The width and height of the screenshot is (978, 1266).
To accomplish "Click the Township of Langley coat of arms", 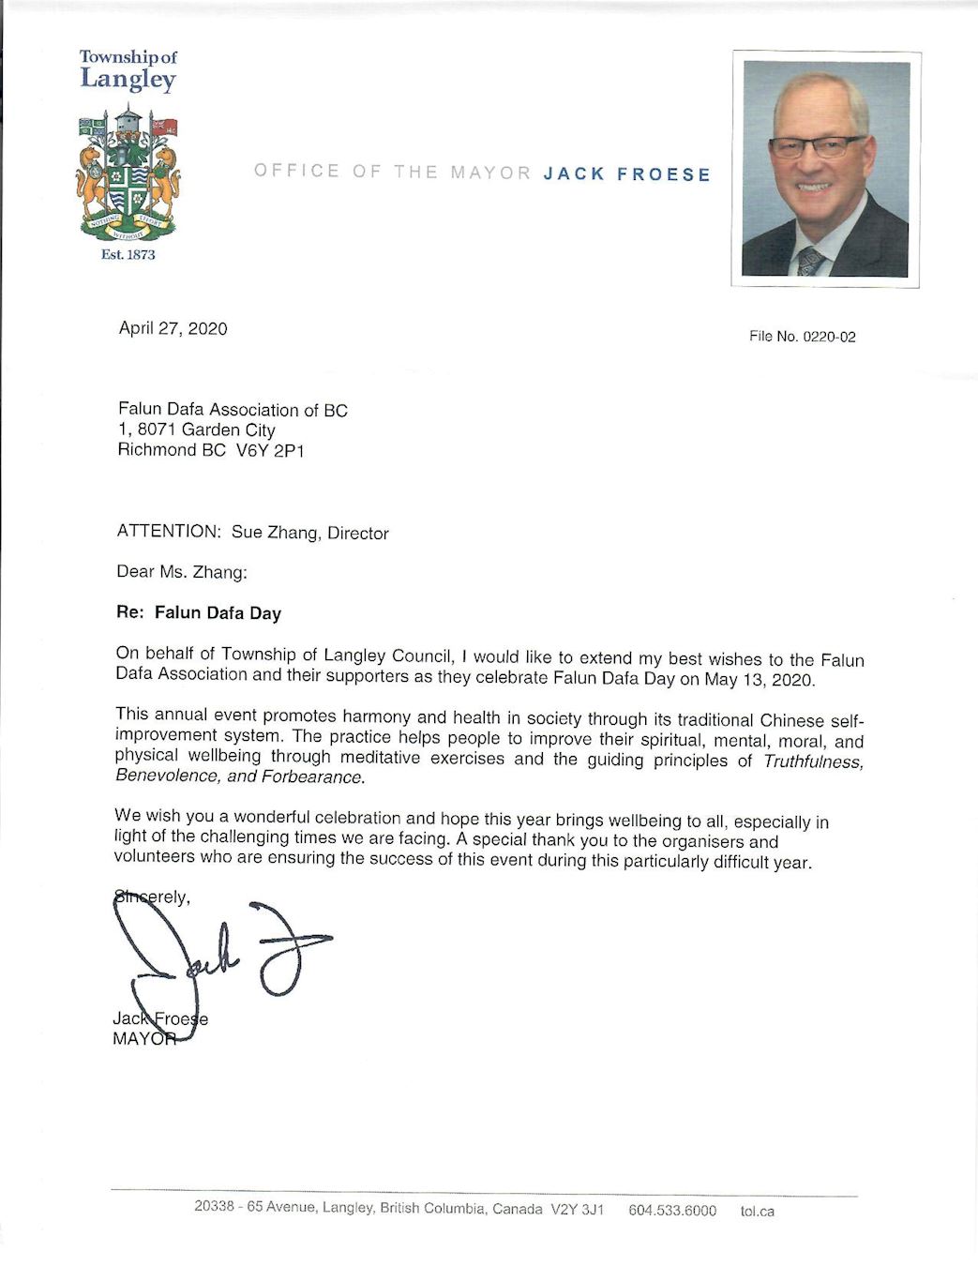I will click(128, 173).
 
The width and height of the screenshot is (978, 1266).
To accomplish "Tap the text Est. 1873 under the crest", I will click(128, 254).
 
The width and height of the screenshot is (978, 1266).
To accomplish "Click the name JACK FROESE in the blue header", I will click(626, 173).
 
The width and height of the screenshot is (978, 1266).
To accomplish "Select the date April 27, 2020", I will click(173, 328).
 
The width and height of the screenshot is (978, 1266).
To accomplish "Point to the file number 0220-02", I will click(828, 337).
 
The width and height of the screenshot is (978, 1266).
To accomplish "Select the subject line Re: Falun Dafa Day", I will click(199, 613).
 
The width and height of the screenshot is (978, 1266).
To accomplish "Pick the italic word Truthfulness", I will click(812, 761).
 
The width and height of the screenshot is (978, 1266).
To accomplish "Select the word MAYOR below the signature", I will click(143, 1039).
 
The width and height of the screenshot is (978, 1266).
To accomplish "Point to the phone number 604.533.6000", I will click(671, 1211).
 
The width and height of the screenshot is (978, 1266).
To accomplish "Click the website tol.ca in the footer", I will click(757, 1211).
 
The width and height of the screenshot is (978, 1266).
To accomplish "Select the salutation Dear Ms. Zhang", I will click(182, 572).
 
